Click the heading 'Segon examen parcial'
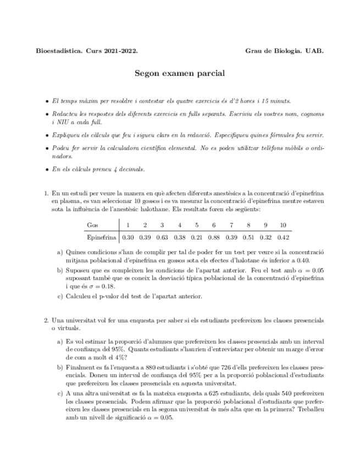pos(180,73)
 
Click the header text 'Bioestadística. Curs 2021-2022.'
pos(86,51)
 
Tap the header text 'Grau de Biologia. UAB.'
pos(284,51)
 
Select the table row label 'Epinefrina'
pos(102,237)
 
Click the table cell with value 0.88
pos(214,237)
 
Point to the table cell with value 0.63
pos(162,237)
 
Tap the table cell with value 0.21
pos(196,237)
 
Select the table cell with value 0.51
pos(248,237)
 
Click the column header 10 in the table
pos(283,225)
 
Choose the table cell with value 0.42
pos(283,237)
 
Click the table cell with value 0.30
pos(128,237)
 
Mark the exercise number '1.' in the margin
pos(46,193)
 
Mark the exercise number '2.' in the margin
pos(46,320)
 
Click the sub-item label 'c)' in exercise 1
pos(60,296)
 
